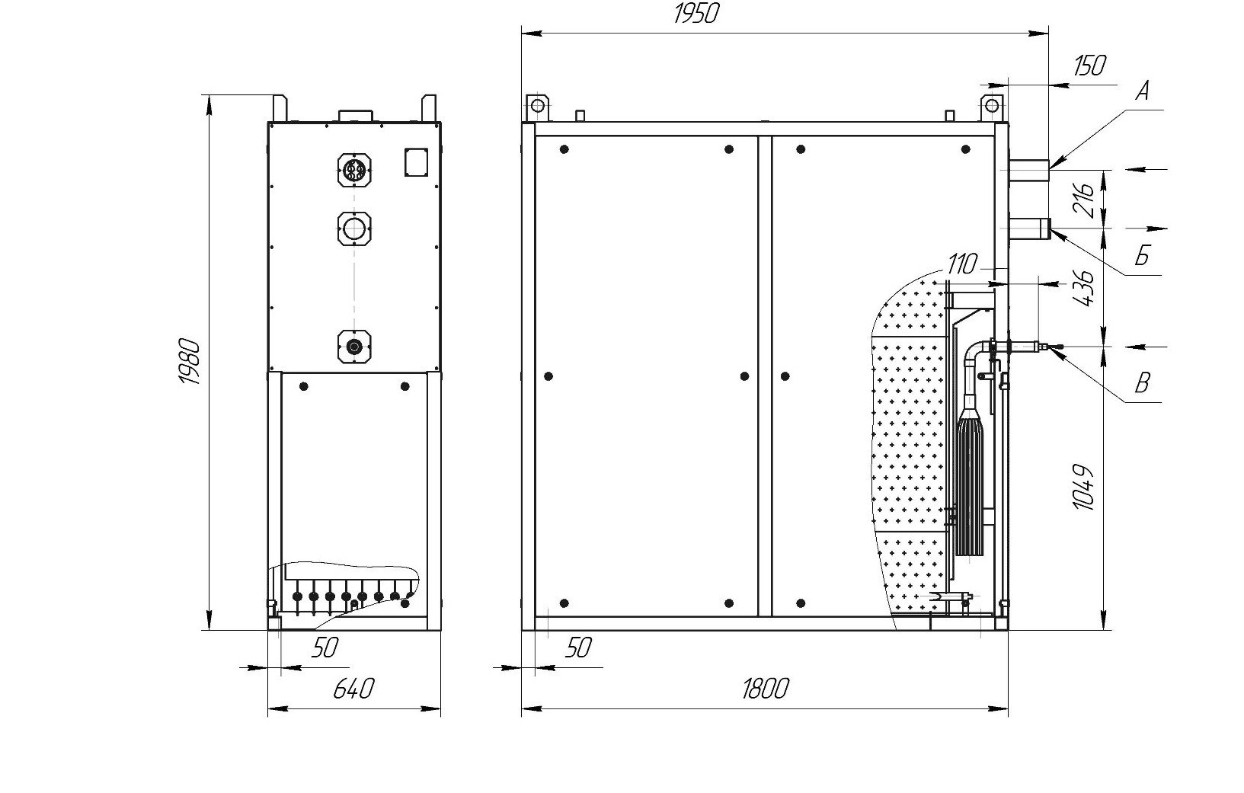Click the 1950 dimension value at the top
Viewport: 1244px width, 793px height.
pyautogui.click(x=696, y=14)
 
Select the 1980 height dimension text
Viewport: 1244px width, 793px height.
pyautogui.click(x=190, y=361)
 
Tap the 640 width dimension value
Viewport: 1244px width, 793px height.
pyautogui.click(x=353, y=689)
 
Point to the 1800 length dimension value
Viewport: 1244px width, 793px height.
pyautogui.click(x=766, y=689)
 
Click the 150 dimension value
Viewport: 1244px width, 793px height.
pyautogui.click(x=1089, y=66)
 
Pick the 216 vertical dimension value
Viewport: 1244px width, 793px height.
pyautogui.click(x=1083, y=200)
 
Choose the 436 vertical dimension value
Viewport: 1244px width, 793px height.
pyautogui.click(x=1083, y=288)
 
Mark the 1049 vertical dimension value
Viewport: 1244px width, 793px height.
pyautogui.click(x=1083, y=487)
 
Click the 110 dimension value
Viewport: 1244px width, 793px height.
pyautogui.click(x=962, y=264)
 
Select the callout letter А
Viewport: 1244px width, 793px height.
pyautogui.click(x=1143, y=91)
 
